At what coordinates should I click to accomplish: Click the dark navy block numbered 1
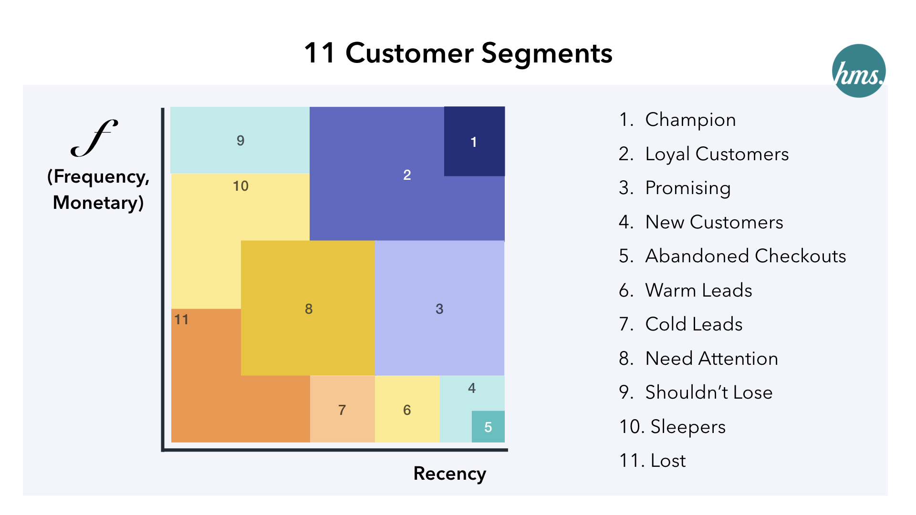tap(474, 141)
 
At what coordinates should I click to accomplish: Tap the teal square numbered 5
tap(488, 427)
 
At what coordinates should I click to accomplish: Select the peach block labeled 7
tap(342, 410)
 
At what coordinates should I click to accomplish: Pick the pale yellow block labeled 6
tap(407, 410)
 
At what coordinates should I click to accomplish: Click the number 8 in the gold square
tap(309, 309)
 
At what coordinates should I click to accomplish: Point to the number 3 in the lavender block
tap(439, 309)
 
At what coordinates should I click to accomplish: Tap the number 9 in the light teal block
tap(240, 141)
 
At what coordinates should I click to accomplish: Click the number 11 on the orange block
tap(181, 319)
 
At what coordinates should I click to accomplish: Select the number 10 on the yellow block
tap(240, 186)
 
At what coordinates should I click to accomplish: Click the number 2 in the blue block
tap(407, 175)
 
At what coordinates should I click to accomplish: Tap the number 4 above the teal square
tap(472, 388)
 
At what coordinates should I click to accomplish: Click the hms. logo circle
tap(859, 71)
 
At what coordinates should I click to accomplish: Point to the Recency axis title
tap(449, 474)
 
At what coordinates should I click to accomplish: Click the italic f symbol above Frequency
tap(94, 138)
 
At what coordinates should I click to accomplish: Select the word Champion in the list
tap(690, 120)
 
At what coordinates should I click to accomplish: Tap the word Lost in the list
tap(668, 461)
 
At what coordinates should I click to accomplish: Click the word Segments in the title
tap(547, 53)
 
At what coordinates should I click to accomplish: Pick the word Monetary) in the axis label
tap(98, 203)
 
